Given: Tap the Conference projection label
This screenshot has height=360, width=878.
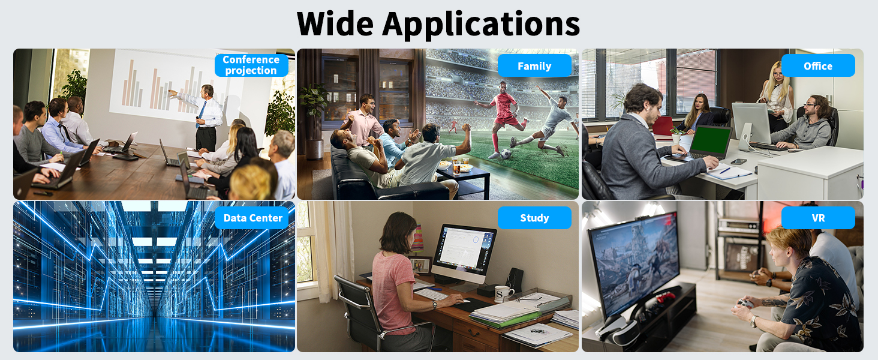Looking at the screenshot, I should [x=251, y=65].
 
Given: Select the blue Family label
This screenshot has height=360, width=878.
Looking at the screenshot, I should [x=534, y=66].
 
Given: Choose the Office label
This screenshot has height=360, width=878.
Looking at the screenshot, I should [x=818, y=66].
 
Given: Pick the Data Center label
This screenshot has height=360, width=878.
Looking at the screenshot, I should [x=252, y=218].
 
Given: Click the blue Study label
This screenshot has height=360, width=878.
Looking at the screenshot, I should [x=534, y=218].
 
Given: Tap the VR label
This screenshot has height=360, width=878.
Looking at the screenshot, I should [x=818, y=218].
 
